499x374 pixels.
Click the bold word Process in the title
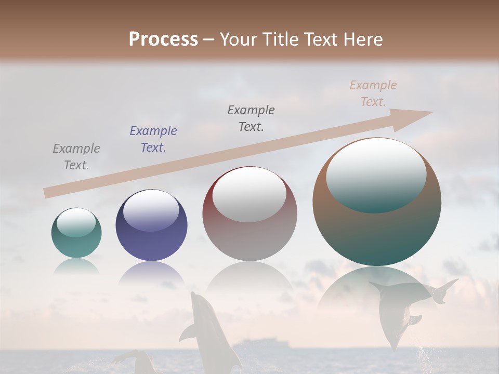tap(163, 39)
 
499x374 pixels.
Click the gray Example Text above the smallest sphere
tap(76, 157)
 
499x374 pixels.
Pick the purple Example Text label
tap(153, 139)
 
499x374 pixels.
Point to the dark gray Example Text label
tap(251, 118)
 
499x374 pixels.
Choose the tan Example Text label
tap(373, 94)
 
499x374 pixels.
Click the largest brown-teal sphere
tap(377, 229)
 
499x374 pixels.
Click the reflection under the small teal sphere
tap(76, 265)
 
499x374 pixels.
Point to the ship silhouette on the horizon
tap(260, 343)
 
